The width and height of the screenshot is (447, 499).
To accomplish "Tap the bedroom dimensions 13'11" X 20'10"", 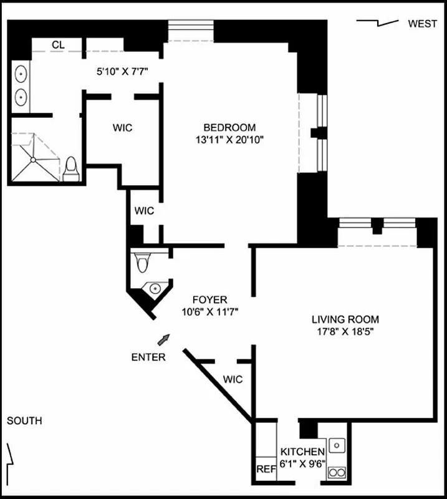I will tap(229, 140).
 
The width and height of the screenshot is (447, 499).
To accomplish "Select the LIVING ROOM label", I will tap(345, 319).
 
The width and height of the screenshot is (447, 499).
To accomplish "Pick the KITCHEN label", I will tap(302, 452).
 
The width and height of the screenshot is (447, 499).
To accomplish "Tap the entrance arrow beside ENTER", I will tap(164, 339).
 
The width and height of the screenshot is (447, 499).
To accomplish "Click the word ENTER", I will tap(148, 357).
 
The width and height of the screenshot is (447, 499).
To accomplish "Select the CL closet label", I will tap(58, 44).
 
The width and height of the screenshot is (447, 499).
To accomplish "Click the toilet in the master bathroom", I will tap(70, 168).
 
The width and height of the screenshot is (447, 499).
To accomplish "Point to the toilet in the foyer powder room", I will tap(142, 263).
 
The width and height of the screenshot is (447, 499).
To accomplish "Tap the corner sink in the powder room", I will tap(153, 288).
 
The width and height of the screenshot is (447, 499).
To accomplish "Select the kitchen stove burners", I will tap(337, 472).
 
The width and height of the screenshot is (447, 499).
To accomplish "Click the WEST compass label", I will tap(423, 24).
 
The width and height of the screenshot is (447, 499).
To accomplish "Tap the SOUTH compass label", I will tap(24, 421).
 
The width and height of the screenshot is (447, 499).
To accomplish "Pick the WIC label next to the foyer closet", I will tap(233, 379).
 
